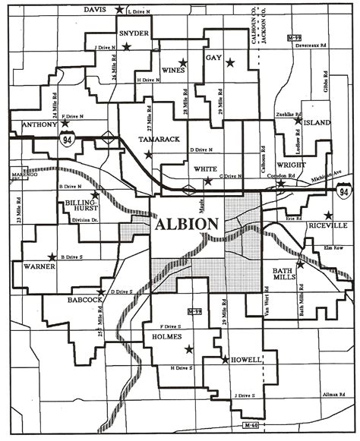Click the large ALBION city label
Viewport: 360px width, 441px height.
click(x=188, y=225)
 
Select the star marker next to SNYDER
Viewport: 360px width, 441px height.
click(x=128, y=47)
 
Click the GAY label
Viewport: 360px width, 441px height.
click(x=213, y=57)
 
